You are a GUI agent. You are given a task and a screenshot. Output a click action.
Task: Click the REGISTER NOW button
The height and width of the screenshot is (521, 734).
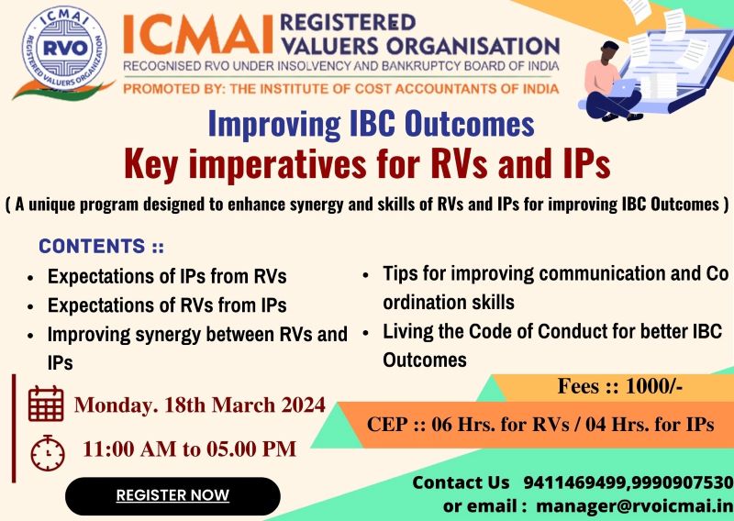pos(172,496)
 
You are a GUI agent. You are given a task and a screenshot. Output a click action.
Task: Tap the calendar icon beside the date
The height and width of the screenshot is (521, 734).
pos(46,404)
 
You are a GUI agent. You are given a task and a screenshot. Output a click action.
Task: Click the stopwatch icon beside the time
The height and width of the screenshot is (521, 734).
pos(47,451)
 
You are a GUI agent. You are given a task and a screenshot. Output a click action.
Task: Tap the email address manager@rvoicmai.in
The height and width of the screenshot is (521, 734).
pos(635,504)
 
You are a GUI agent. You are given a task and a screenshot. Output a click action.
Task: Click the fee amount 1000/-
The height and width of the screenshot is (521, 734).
pos(652,386)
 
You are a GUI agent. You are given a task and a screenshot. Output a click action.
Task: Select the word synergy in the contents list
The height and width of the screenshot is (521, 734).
pos(162,334)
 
